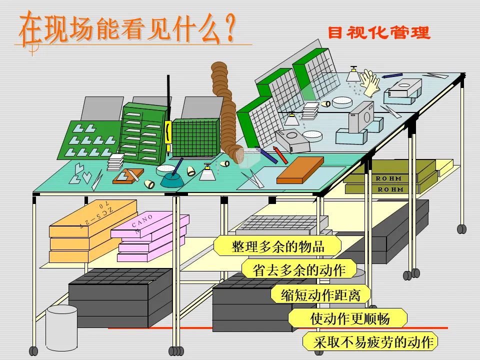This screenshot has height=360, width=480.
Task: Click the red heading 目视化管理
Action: click(378, 33)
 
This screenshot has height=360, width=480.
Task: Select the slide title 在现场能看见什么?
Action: click(127, 29)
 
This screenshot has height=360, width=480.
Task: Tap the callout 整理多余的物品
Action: click(278, 246)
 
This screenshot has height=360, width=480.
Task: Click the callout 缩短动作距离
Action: click(320, 294)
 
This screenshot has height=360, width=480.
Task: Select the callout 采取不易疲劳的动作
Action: click(370, 342)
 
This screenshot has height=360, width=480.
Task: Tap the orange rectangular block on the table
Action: click(300, 170)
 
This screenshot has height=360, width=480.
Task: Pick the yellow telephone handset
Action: click(168, 133)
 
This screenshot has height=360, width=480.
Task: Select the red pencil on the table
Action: click(280, 155)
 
